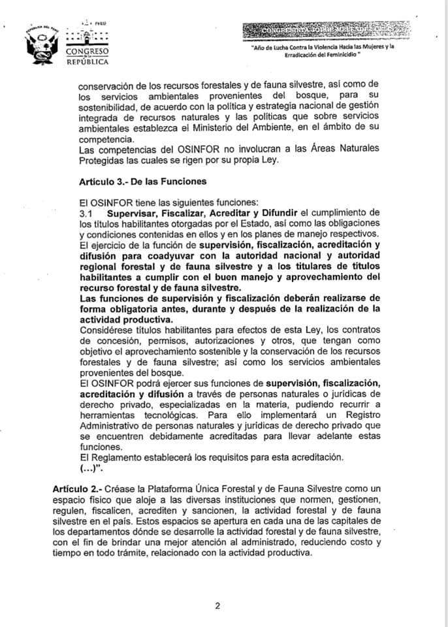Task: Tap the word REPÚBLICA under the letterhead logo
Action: point(88,62)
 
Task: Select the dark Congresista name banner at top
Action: point(327,29)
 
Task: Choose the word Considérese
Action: point(106,332)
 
